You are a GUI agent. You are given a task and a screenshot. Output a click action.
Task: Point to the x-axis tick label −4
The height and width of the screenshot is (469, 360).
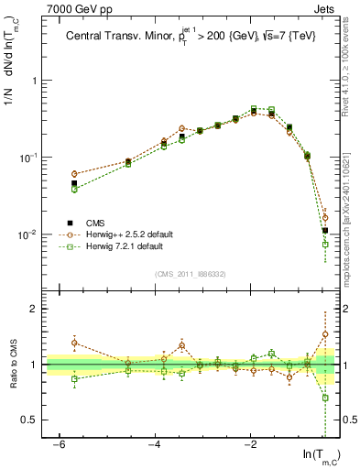155,445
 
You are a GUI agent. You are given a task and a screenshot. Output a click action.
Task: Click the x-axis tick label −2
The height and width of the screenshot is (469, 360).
250,445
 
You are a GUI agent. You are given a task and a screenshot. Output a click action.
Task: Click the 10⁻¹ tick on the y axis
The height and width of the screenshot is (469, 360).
31,158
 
